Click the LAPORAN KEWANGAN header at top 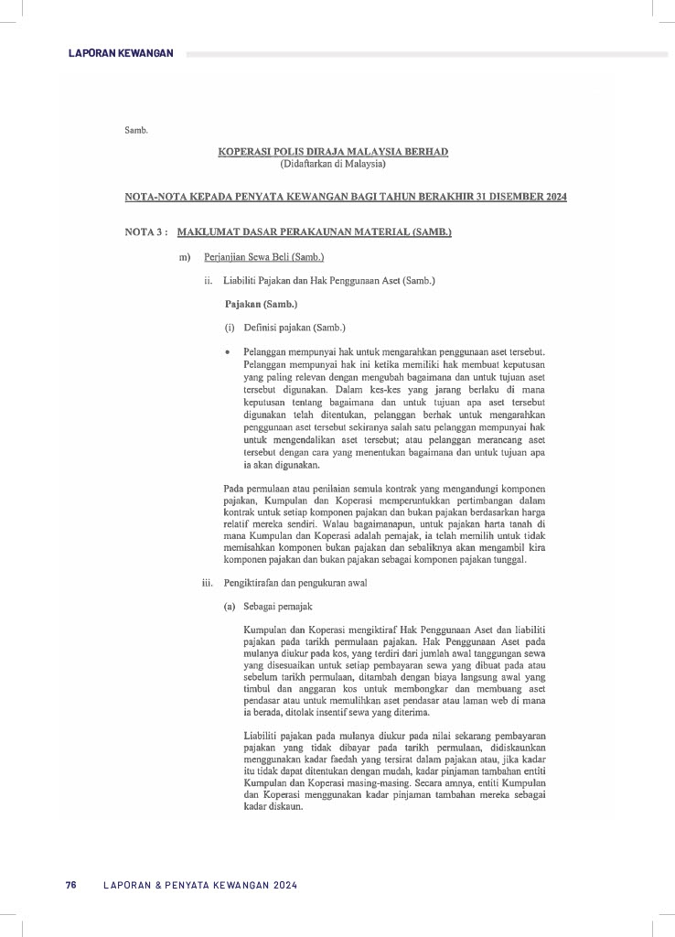pos(121,54)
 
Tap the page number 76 pos(70,885)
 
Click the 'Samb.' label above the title pos(135,130)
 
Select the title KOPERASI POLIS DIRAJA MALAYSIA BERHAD pos(333,152)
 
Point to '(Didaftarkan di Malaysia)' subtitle pos(333,165)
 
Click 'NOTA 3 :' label pos(145,232)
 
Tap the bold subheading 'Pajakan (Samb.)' pos(261,303)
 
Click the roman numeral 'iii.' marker pos(208,583)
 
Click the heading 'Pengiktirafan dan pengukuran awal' pos(295,583)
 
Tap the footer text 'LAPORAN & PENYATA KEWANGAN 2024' pos(201,885)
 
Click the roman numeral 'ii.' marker pos(209,280)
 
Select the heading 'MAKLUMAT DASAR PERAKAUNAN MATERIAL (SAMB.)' pos(315,232)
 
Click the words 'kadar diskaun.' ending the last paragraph pos(272,808)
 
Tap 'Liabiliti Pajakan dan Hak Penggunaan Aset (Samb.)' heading pos(329,280)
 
